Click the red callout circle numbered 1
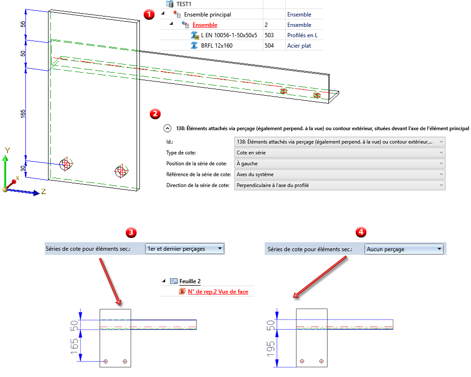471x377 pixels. click(x=149, y=14)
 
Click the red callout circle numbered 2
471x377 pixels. click(x=154, y=114)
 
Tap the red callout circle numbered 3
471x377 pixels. click(x=133, y=232)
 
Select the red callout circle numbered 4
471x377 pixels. click(x=361, y=232)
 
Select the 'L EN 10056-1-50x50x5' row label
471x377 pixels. click(x=229, y=35)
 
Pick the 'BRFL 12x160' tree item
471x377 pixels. click(x=217, y=45)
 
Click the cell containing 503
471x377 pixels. click(x=269, y=35)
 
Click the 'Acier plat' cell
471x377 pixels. click(x=300, y=45)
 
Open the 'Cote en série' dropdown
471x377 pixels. click(x=339, y=153)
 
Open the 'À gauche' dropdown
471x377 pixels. click(x=339, y=164)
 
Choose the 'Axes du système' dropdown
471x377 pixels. click(x=339, y=174)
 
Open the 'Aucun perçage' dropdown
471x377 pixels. click(x=405, y=249)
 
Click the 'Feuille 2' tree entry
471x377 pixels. click(x=190, y=281)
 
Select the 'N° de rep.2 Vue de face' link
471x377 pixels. click(x=218, y=292)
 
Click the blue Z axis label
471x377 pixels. click(x=43, y=192)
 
